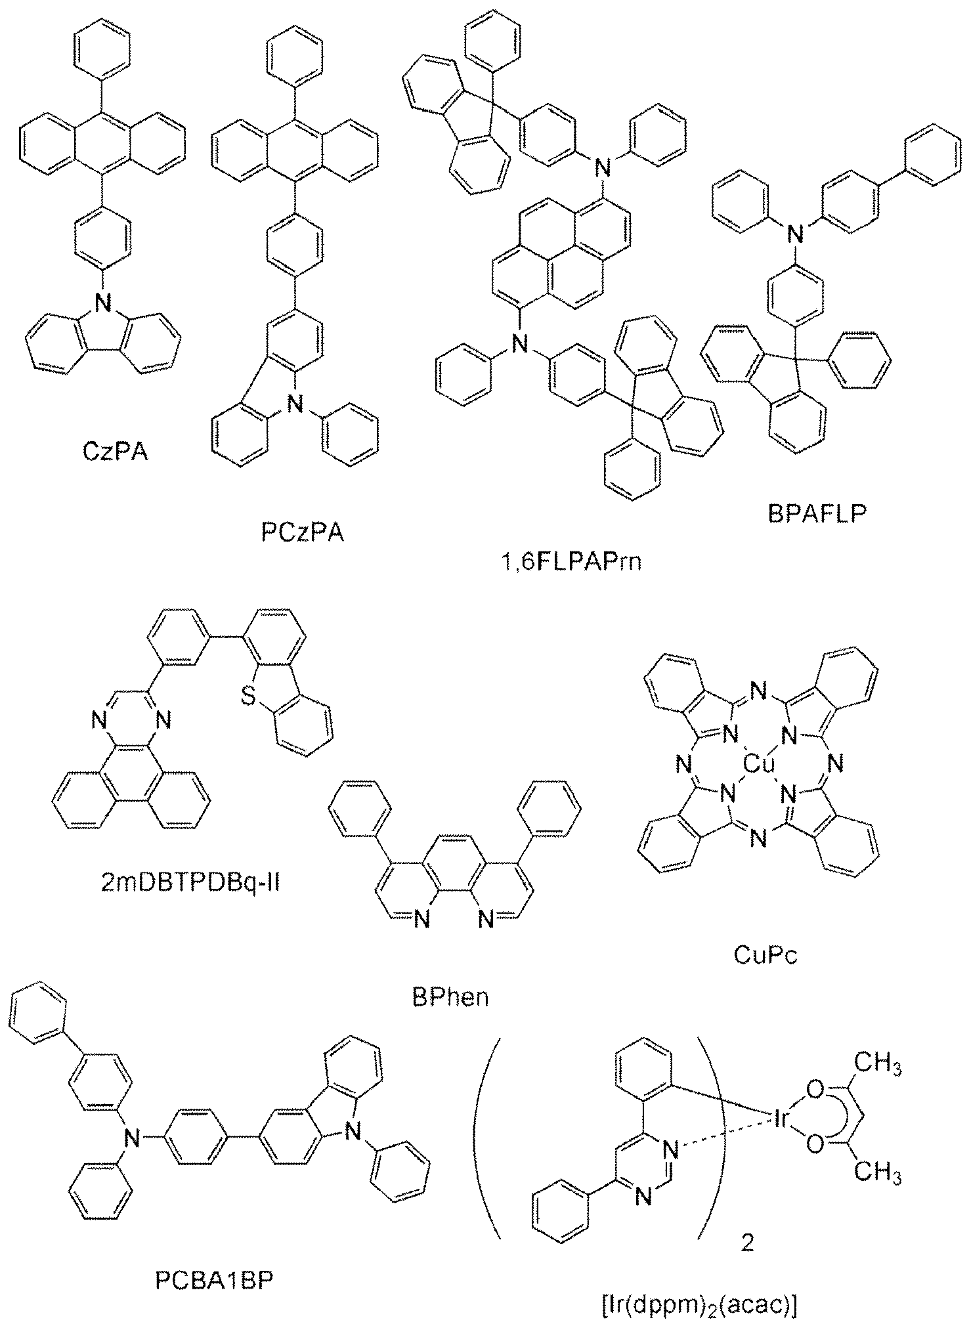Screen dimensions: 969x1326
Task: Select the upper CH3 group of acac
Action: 878,1065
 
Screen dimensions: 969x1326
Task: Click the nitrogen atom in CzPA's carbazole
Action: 101,303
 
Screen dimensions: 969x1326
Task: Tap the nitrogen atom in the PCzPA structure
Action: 297,407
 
